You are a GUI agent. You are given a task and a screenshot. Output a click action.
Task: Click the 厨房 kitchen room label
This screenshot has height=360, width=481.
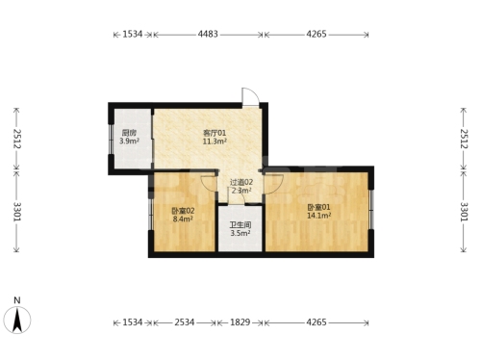coord(129,133)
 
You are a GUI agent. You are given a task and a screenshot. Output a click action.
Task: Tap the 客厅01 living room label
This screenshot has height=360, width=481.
coord(215,133)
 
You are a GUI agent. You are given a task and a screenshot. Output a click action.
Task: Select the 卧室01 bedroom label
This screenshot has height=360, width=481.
coord(318,207)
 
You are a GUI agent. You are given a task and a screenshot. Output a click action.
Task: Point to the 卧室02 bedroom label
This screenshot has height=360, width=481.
coord(183,211)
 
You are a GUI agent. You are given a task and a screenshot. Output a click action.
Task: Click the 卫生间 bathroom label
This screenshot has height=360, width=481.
coord(240,225)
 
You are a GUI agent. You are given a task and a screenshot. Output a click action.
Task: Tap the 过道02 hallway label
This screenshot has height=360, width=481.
coord(241,182)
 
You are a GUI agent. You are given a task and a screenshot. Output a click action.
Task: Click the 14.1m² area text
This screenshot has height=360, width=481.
coord(319,216)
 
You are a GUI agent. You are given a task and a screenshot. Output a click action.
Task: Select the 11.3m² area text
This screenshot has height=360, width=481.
coord(215,141)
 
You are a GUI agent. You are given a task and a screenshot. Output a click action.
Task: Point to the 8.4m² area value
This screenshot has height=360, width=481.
coord(183,219)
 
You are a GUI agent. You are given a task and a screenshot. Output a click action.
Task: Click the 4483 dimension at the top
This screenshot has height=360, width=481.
coord(208,34)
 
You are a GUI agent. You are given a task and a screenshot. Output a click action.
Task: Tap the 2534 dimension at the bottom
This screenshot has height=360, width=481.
coord(185,322)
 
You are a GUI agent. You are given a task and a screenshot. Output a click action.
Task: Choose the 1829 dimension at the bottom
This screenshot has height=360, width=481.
coord(240,322)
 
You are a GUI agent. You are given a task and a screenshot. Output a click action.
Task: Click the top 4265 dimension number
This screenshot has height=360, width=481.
coord(316,34)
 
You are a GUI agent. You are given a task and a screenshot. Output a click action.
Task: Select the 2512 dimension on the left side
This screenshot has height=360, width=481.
coord(17,139)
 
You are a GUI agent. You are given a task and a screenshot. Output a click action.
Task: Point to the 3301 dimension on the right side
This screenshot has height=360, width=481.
coord(464,212)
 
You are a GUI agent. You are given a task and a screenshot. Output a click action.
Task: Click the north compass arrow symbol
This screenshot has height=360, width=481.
coord(17,320)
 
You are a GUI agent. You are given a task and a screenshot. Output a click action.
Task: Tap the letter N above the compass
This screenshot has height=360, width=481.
coord(17,300)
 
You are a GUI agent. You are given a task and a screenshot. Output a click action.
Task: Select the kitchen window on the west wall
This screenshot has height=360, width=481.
coord(111,140)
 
